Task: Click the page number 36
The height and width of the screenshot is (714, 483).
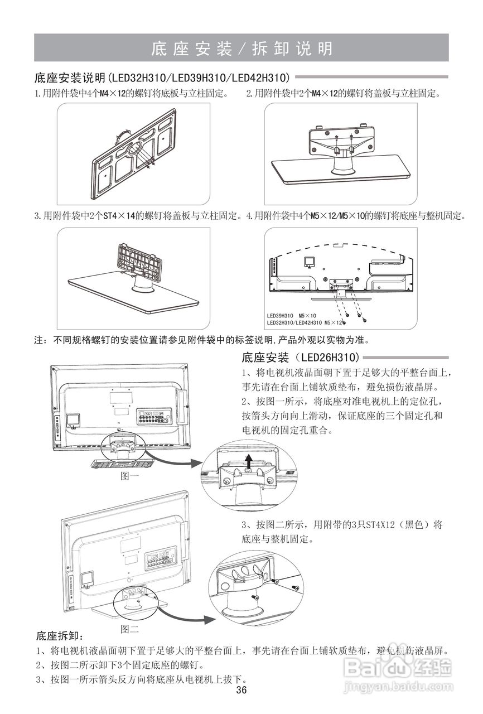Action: (x=241, y=690)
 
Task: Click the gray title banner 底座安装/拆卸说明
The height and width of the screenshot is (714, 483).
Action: (x=241, y=49)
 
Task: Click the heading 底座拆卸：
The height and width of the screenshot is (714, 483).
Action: (x=60, y=636)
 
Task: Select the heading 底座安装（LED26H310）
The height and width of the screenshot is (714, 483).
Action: (x=302, y=357)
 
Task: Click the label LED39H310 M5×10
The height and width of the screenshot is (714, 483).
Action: (x=291, y=316)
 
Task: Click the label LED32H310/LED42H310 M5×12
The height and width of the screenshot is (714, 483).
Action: (x=304, y=322)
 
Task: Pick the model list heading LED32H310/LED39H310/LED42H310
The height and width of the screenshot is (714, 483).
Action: (x=162, y=77)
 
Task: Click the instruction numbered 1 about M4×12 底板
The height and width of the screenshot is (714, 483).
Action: (x=132, y=93)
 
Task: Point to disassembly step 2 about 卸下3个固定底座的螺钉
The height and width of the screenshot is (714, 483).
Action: (x=119, y=665)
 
